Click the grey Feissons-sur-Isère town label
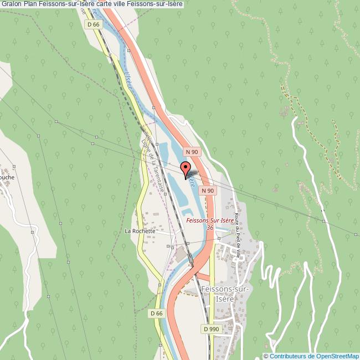point(227,294)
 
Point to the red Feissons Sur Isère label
point(210,220)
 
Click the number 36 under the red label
point(210,228)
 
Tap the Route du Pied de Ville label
point(237,235)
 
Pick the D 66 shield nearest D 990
point(157,313)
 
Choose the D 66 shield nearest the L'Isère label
point(94,25)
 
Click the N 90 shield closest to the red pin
point(192,152)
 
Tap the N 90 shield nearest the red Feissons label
point(208,191)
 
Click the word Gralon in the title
point(11,4)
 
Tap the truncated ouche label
point(7,177)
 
